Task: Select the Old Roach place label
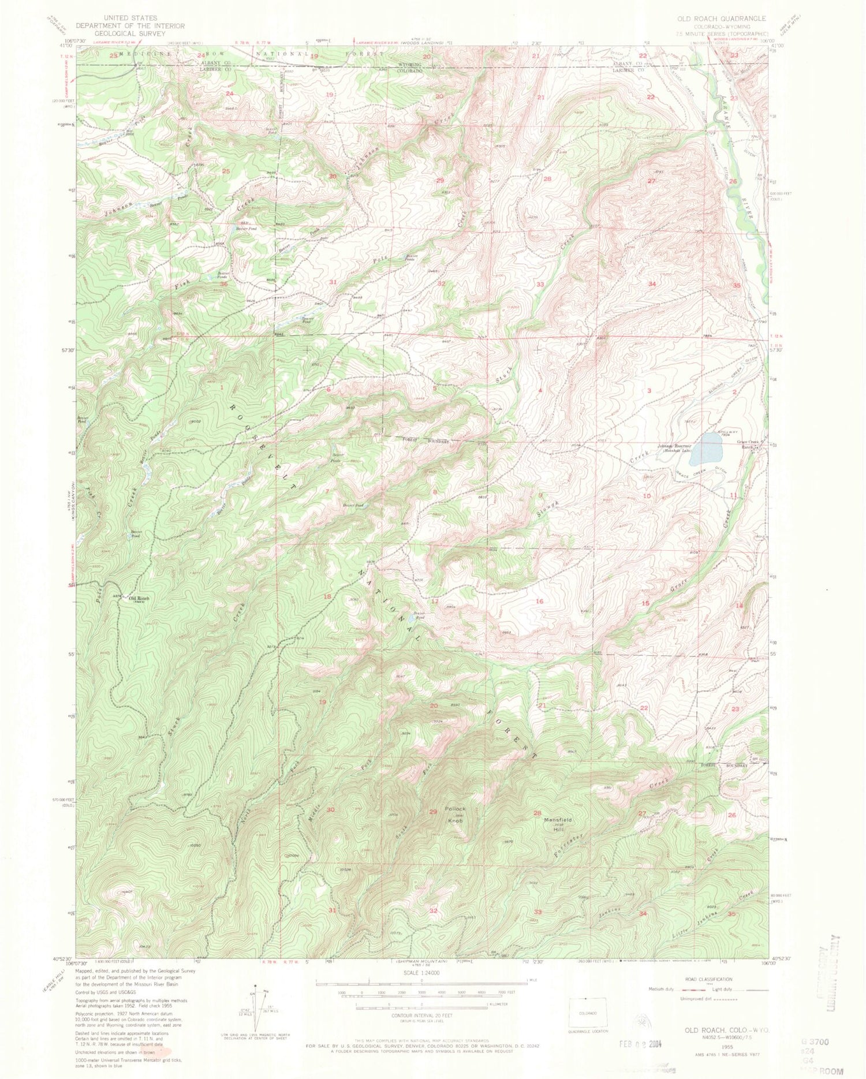pos(138,599)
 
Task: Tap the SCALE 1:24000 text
pos(421,972)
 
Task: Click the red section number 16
pos(540,602)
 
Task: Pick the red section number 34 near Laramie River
pos(652,284)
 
